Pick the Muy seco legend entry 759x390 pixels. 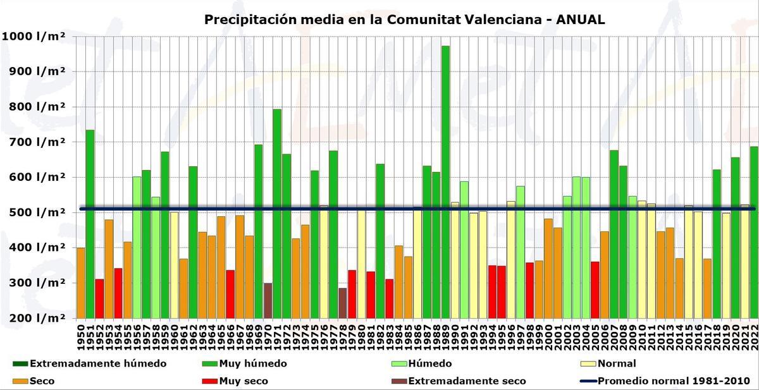click(x=243, y=381)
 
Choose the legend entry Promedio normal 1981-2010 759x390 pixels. click(x=674, y=381)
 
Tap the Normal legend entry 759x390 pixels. click(x=617, y=363)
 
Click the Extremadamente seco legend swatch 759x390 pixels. click(x=399, y=381)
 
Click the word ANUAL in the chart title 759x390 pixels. click(x=580, y=20)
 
